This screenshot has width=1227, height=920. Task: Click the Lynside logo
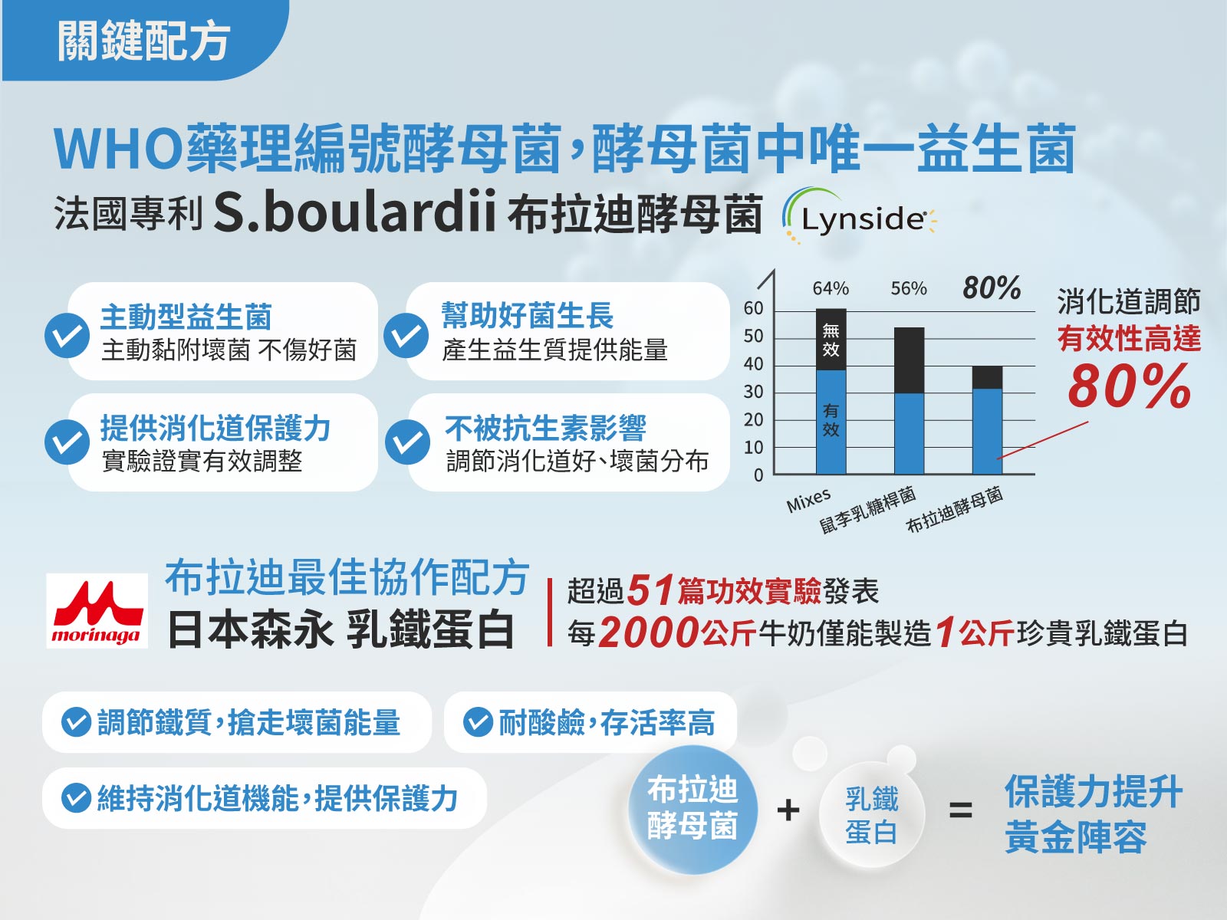tap(860, 216)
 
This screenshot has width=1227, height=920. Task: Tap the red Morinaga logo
tap(97, 610)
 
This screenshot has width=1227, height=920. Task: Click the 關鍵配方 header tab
tap(144, 40)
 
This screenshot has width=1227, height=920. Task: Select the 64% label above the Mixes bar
tap(831, 289)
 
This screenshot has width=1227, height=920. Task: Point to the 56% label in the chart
tap(909, 289)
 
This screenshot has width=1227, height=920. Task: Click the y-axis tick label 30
tap(754, 392)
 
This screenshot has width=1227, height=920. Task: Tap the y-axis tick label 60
tap(754, 308)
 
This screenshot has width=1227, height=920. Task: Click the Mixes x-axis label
tap(808, 500)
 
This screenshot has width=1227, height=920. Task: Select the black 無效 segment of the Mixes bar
tap(831, 339)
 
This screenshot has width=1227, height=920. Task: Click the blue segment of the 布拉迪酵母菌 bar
tap(987, 431)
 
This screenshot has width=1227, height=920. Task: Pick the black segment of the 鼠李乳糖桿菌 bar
tap(910, 360)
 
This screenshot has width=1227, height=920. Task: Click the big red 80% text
tap(1129, 386)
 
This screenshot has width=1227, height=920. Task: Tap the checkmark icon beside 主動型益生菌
tap(67, 335)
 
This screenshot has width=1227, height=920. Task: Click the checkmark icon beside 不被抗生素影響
tap(407, 442)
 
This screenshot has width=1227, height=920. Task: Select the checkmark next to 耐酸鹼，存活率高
tap(478, 721)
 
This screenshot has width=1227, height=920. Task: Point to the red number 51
tap(650, 590)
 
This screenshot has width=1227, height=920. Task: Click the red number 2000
tap(649, 633)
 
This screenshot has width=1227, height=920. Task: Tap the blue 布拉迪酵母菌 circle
tap(692, 810)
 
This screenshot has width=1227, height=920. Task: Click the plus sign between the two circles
tap(788, 810)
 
